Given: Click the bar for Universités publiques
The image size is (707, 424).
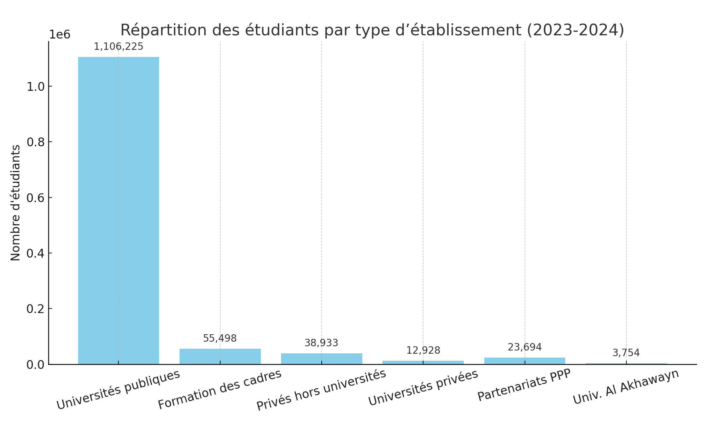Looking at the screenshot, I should point(118,210).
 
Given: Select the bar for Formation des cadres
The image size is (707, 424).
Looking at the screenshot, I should point(220,356).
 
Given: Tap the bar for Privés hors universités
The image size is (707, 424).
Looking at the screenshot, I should point(321,358).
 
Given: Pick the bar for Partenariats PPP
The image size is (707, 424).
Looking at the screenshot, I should point(525,361).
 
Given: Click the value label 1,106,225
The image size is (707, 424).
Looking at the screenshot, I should point(118,47).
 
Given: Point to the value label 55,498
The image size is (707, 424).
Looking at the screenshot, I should point(220,338).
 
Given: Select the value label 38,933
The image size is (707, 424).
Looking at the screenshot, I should point(321,343).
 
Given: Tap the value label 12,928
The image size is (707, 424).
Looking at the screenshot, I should point(423,351).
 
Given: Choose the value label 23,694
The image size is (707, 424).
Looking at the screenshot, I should point(525,347).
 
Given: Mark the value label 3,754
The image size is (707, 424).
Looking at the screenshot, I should point(626,353).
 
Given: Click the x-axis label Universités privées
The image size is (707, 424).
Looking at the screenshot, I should point(423,388).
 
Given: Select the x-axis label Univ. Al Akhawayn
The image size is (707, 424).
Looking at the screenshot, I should point(626,387).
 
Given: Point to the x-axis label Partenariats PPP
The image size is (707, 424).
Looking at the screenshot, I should point(524,385).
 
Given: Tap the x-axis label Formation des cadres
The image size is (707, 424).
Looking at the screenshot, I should point(220,389).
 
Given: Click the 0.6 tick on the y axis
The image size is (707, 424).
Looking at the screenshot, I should point(35,198).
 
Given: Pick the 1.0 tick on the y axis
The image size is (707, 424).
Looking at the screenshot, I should point(35,87).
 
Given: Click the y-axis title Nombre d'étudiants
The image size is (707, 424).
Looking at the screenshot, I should point(16,203).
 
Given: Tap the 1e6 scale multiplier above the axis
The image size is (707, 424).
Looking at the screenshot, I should point(59,35).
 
